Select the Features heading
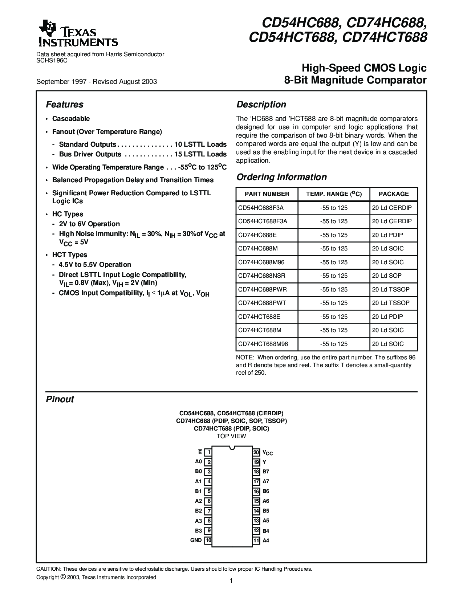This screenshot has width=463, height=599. [65, 105]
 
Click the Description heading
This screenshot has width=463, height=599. [261, 105]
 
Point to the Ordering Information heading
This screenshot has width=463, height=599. [281, 177]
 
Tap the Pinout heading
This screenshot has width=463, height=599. [60, 399]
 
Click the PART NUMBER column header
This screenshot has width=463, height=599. [267, 194]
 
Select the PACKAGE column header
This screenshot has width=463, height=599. [394, 194]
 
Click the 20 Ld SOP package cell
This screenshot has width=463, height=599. [387, 276]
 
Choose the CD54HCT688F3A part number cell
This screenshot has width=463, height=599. [263, 221]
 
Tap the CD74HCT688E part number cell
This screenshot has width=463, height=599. [259, 317]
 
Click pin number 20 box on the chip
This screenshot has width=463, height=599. [256, 452]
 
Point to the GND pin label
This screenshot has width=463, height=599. [196, 540]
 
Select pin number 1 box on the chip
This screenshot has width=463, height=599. [208, 452]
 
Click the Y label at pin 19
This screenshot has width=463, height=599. [264, 462]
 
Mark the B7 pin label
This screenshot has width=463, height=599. [266, 472]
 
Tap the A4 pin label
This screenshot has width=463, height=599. [266, 541]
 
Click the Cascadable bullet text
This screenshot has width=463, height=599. [71, 119]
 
